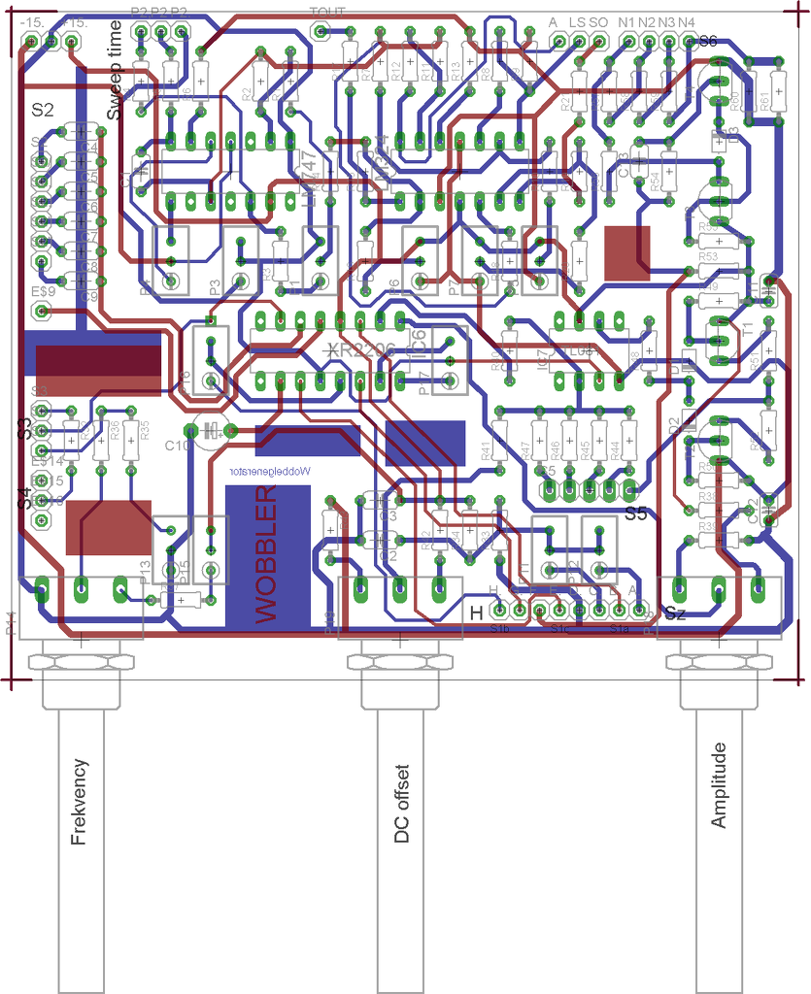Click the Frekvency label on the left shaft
pos(80,802)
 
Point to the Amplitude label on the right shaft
pos(719,785)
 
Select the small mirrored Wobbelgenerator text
pos(269,470)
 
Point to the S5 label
pos(636,514)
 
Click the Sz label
pos(675,613)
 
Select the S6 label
pos(707,42)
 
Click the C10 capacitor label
pos(178,446)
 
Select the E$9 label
pos(43,290)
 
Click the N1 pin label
pos(626,21)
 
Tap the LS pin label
pos(578,21)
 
